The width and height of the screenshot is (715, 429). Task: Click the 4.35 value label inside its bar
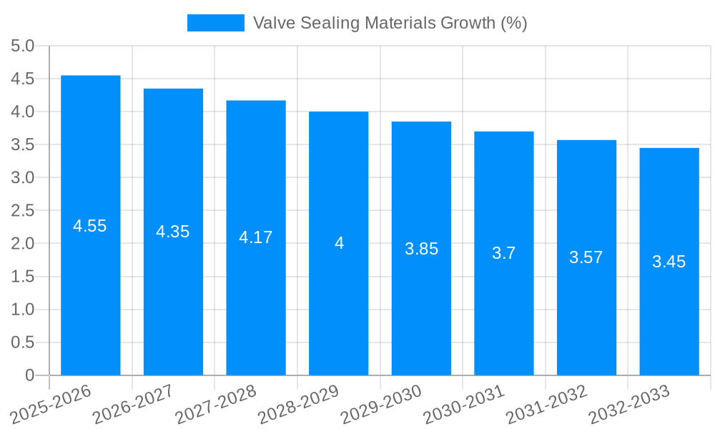click(173, 232)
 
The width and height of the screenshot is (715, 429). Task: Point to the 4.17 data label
click(255, 237)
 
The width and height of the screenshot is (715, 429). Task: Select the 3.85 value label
click(421, 249)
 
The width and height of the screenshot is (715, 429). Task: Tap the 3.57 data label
click(586, 258)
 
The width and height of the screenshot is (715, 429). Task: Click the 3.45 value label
click(669, 262)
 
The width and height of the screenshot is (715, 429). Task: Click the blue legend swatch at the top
click(215, 23)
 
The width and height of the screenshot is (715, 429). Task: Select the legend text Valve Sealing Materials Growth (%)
click(390, 23)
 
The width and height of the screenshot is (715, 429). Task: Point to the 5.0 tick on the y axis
click(23, 46)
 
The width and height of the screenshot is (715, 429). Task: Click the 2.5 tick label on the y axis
click(23, 211)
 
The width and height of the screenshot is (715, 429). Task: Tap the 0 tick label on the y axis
click(29, 375)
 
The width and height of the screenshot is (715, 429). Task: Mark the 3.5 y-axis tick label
click(23, 145)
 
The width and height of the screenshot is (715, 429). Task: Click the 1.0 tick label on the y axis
click(23, 310)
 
